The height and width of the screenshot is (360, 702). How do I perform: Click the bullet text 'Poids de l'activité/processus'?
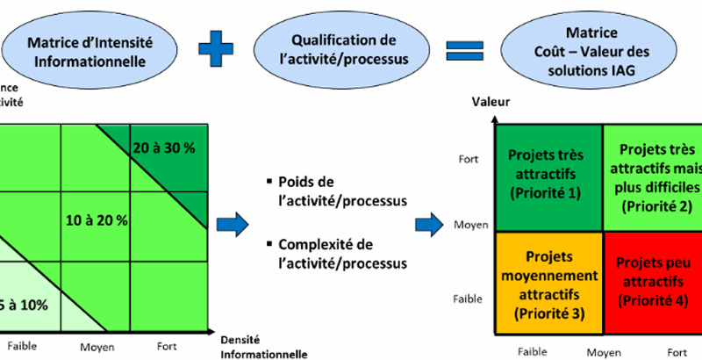(x=339, y=191)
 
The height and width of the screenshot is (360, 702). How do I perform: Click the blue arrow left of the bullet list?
(x=233, y=220)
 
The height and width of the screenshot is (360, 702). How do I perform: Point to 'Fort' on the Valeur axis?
(x=468, y=159)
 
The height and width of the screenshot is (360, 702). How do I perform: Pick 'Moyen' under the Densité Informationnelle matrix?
(x=98, y=347)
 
